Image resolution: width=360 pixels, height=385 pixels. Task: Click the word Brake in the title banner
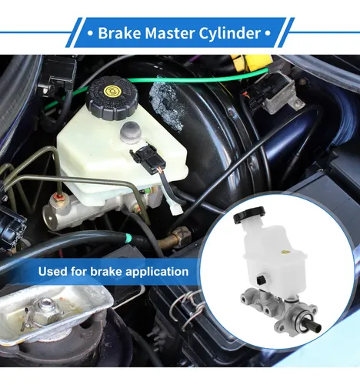click(119, 33)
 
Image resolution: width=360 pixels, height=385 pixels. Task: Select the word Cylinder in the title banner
click(230, 33)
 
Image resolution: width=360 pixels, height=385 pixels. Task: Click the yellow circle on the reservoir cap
click(112, 90)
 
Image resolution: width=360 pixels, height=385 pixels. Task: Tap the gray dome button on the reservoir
click(131, 132)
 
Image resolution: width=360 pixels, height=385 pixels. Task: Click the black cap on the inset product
click(248, 215)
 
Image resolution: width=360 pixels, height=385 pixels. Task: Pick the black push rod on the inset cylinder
click(312, 325)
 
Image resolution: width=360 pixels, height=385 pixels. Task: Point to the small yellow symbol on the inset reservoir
click(284, 252)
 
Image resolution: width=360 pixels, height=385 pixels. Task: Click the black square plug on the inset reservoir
click(261, 280)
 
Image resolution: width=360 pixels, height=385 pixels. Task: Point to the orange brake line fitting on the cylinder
click(59, 198)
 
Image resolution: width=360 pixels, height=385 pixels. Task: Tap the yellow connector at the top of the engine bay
click(252, 62)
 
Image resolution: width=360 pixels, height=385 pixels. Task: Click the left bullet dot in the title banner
click(90, 33)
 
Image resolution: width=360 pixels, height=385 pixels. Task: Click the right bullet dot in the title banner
click(267, 33)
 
